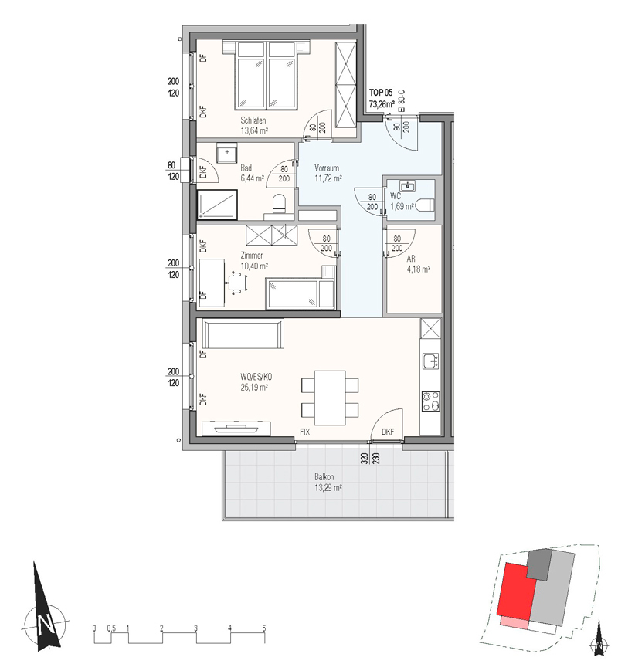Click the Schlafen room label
(253, 120)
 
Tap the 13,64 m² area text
(254, 130)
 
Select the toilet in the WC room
(426, 206)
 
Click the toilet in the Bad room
(279, 203)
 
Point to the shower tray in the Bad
(217, 205)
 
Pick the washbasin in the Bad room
(227, 153)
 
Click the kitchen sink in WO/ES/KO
(431, 361)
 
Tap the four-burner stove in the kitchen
(430, 401)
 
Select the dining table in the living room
(330, 398)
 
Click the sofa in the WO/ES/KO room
(243, 334)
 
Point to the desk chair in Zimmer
(238, 282)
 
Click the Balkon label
(324, 477)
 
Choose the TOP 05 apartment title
(381, 93)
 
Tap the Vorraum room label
(327, 168)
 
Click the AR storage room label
(410, 259)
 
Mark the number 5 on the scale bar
(264, 628)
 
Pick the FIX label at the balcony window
(304, 432)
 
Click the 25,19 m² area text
(254, 387)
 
